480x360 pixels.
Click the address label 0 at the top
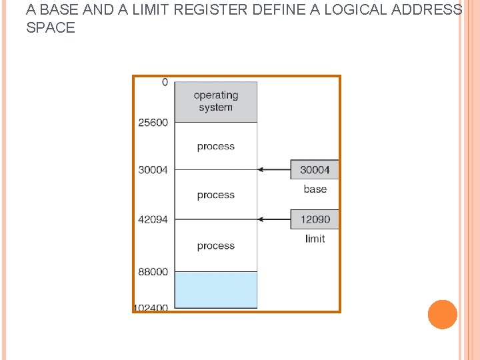pos(165,83)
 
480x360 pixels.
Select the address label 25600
pos(153,123)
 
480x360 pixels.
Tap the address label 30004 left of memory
pos(153,170)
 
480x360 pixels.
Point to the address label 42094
pos(153,219)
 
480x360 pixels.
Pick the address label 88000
pos(153,272)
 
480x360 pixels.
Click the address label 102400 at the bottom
pos(151,308)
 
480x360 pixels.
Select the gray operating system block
pos(215,101)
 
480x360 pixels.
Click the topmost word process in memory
pos(215,147)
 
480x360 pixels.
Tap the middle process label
pos(215,195)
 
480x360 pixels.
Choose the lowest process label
pos(215,246)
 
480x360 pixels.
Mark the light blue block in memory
pos(215,289)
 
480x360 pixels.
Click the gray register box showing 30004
pos(315,170)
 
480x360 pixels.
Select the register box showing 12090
pos(315,219)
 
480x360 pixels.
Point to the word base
pos(315,189)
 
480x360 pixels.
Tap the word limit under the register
pos(315,239)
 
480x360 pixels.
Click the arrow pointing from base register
pos(273,170)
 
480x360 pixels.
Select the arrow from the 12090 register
pos(273,219)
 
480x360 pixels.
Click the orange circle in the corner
pos(442,315)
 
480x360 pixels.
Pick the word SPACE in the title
pos(51,28)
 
